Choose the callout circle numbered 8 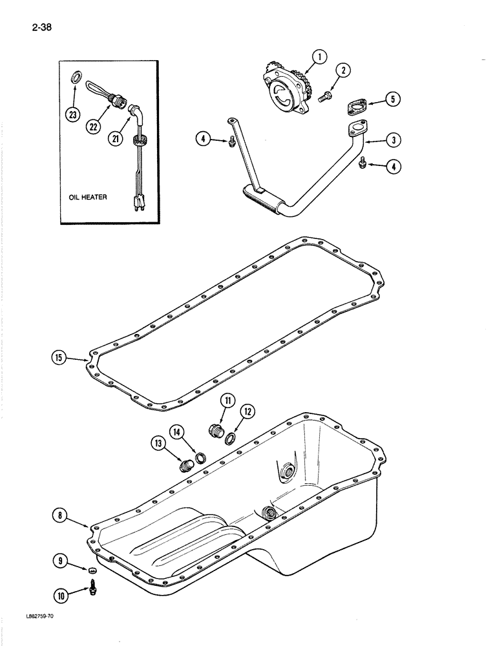coord(60,515)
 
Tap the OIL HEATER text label coord(89,198)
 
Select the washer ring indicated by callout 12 coord(230,437)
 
